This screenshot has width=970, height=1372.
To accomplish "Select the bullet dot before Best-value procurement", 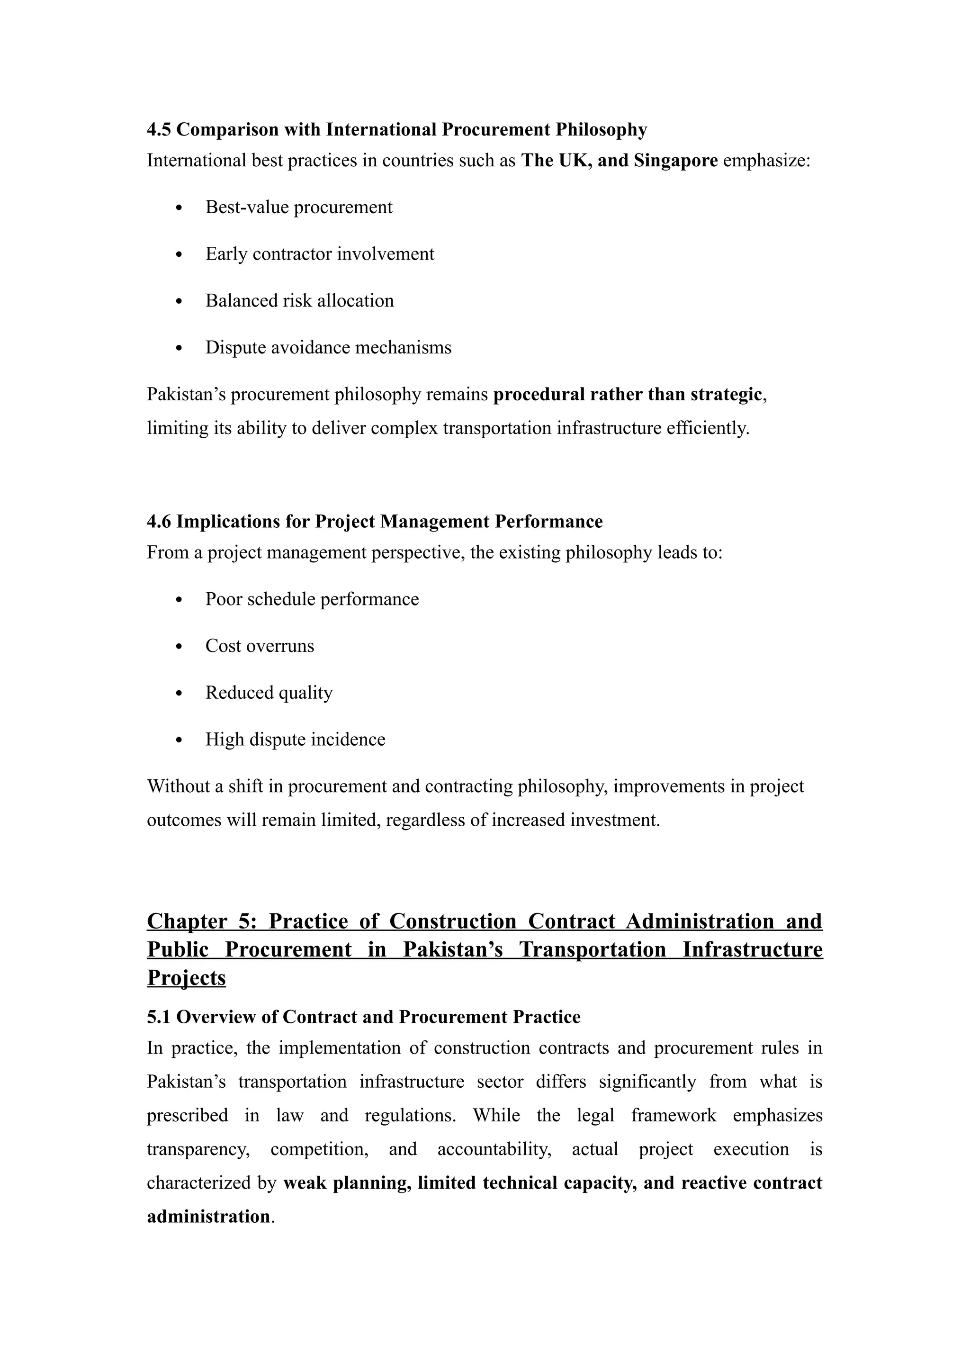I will click(x=179, y=208).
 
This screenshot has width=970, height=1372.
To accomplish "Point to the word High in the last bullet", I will click(x=225, y=739).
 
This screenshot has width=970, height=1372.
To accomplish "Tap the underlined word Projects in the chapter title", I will click(x=186, y=978).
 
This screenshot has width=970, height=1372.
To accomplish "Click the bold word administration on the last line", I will click(x=208, y=1216).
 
